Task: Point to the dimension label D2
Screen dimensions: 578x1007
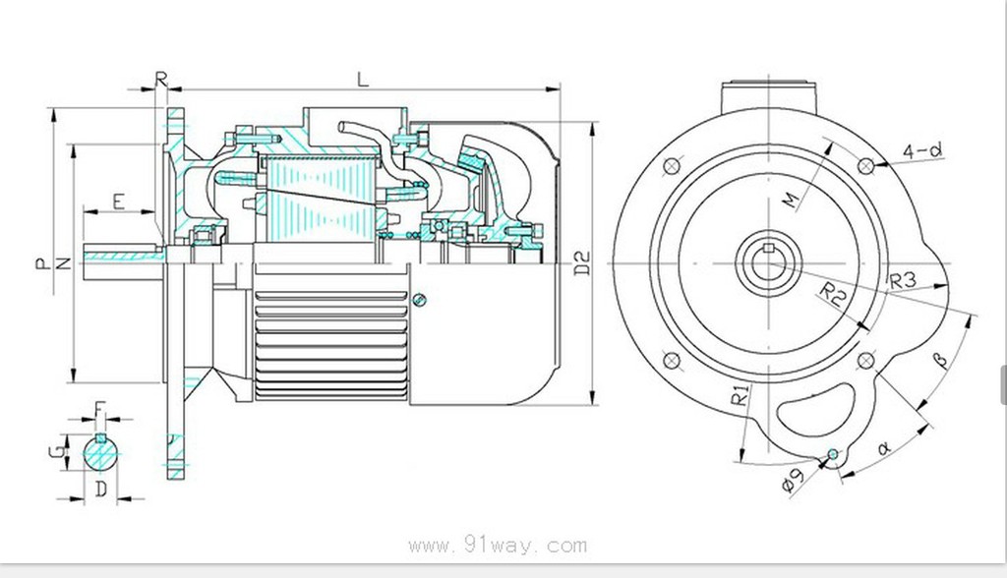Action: [x=582, y=262]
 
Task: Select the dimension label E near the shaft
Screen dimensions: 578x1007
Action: [x=118, y=202]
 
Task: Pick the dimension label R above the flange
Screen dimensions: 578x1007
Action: [x=162, y=77]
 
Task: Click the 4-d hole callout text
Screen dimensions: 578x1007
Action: [x=922, y=150]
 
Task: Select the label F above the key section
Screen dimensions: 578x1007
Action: [x=98, y=406]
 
